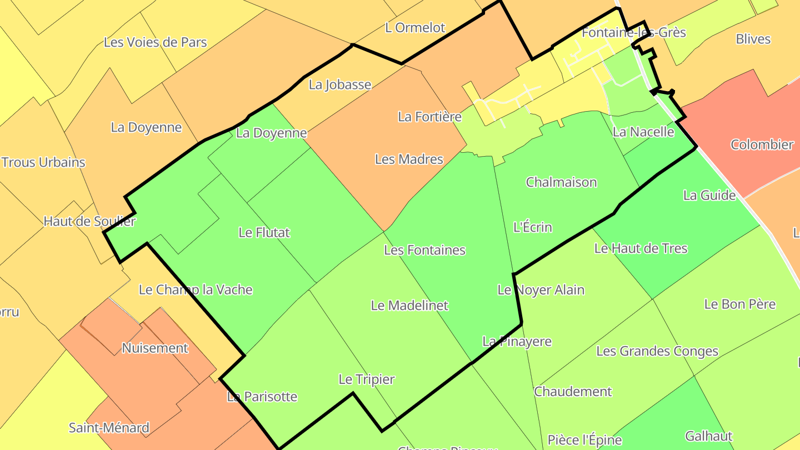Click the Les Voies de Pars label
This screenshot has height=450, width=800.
click(x=156, y=42)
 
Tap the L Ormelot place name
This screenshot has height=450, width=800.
click(x=415, y=28)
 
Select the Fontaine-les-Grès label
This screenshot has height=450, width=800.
click(x=633, y=33)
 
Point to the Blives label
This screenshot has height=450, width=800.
click(x=753, y=39)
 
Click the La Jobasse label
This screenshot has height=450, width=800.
click(x=339, y=85)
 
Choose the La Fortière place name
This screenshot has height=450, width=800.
click(x=429, y=117)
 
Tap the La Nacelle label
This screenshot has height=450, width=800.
click(x=643, y=132)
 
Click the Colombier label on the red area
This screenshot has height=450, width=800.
click(x=762, y=145)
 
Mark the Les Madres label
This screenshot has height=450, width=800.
click(x=409, y=159)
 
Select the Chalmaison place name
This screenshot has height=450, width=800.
click(x=561, y=182)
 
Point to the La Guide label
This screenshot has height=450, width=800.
click(x=709, y=196)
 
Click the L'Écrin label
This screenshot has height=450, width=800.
click(x=532, y=227)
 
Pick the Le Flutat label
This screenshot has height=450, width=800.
click(x=264, y=233)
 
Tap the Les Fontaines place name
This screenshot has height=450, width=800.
click(x=424, y=251)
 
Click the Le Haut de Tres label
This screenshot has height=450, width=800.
click(x=641, y=249)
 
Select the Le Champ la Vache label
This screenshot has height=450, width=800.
click(x=196, y=290)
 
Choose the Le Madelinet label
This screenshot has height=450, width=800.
click(x=409, y=306)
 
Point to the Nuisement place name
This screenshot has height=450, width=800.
click(x=155, y=348)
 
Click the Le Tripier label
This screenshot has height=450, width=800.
click(x=366, y=379)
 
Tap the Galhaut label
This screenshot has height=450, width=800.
click(x=708, y=436)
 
